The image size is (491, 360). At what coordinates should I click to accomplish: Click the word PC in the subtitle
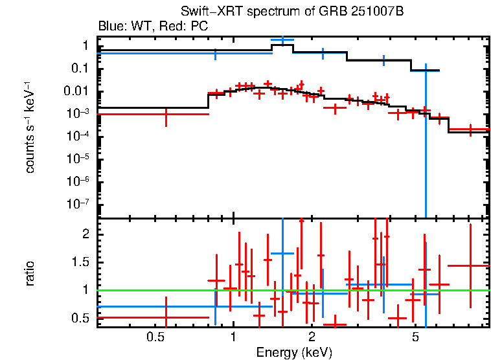[197, 27]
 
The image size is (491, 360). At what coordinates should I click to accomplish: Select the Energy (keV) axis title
[294, 352]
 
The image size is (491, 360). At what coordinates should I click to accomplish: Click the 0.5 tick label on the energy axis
[154, 337]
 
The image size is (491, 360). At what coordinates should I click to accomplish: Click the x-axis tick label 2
[312, 337]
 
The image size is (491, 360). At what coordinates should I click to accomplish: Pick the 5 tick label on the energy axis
[415, 337]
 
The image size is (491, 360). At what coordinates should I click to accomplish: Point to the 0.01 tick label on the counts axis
[77, 91]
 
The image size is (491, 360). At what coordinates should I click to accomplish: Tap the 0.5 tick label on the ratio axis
[80, 318]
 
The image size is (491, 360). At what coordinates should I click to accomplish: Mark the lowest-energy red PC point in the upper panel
[166, 114]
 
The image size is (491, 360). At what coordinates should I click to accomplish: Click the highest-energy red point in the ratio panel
[470, 265]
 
